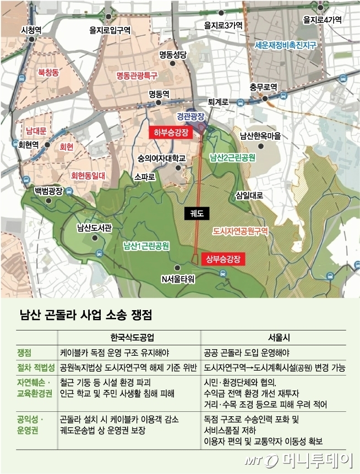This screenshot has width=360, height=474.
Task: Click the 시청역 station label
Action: coord(31,29)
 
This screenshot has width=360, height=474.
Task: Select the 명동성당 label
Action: coord(173,54)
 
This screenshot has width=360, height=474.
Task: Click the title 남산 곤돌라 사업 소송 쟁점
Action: coord(85,315)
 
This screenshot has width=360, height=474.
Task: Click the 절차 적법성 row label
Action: coord(36,367)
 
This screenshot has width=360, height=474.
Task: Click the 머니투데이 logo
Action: coord(315,458)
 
